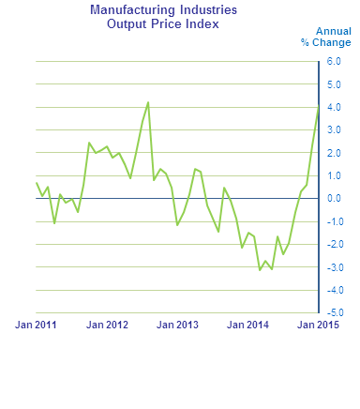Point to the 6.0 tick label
coord(334,61)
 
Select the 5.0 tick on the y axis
coord(334,84)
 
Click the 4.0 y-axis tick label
coord(334,107)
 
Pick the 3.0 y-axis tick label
coord(334,129)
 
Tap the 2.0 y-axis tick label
coord(334,153)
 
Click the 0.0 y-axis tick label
coord(334,198)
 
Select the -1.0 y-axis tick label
coord(333,221)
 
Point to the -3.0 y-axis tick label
coord(333,266)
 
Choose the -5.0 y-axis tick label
coord(333,312)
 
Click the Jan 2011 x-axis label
coord(36,325)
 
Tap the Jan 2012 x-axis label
coord(107,325)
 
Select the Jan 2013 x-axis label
coord(177,325)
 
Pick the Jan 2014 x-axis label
coord(248,325)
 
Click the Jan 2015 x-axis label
coord(319,325)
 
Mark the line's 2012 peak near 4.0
coord(148,102)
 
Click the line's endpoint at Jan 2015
coord(319,106)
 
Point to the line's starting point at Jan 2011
coord(37,183)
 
